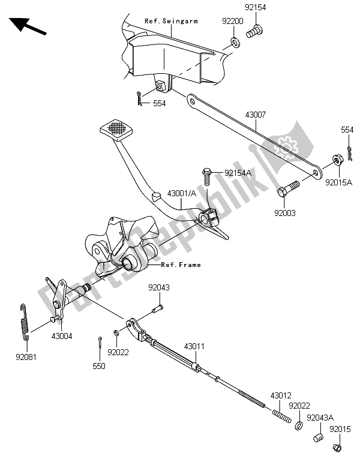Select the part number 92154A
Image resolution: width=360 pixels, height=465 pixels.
(x=239, y=173)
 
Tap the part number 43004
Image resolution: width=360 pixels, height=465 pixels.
(x=61, y=336)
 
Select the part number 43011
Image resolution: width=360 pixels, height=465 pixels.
(x=194, y=346)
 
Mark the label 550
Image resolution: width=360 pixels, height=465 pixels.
(x=99, y=365)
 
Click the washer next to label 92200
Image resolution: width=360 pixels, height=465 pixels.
(x=233, y=43)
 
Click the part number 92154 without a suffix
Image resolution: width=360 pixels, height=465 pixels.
(x=254, y=8)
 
